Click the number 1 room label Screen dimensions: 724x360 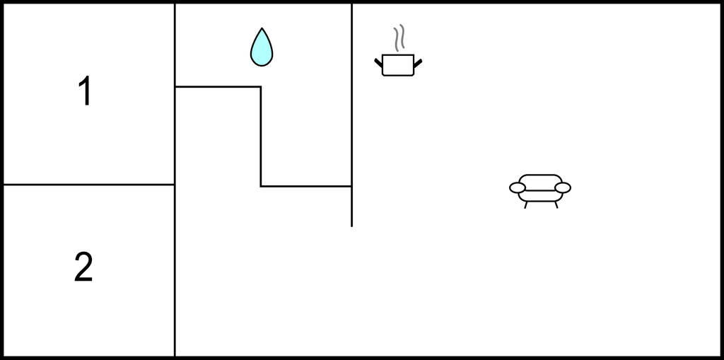tap(86, 91)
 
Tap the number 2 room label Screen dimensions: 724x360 tap(83, 267)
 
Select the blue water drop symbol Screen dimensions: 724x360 tap(262, 47)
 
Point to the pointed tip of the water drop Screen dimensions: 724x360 tap(262, 28)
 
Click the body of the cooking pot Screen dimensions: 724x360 tap(398, 65)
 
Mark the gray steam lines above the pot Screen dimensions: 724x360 tap(399, 38)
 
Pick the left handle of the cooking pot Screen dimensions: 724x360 tap(378, 63)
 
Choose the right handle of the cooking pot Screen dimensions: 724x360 tap(418, 64)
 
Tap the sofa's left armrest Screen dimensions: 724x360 tap(517, 187)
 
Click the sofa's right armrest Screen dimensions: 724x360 tap(563, 187)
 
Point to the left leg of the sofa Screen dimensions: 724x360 tap(526, 204)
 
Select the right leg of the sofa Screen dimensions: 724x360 tap(556, 204)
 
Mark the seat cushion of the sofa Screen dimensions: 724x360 tap(540, 196)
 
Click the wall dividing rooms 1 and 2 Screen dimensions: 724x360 tap(88, 185)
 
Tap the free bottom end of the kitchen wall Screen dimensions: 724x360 tap(352, 226)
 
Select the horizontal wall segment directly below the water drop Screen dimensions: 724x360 tap(218, 86)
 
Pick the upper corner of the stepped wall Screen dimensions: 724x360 tap(261, 86)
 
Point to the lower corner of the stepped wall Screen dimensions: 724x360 tap(261, 186)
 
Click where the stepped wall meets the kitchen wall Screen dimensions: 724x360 tap(352, 186)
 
